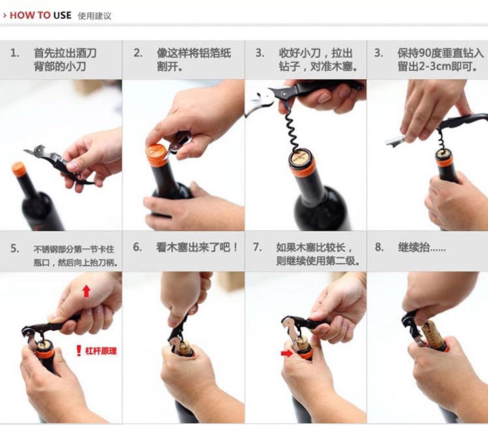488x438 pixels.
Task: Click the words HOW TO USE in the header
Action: [40, 15]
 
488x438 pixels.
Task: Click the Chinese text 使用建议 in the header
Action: [94, 16]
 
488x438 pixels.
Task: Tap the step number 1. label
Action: [15, 53]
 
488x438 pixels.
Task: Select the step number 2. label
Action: [138, 53]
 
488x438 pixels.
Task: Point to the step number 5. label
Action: [15, 249]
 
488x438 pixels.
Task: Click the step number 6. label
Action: [138, 247]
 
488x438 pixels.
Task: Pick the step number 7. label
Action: [257, 247]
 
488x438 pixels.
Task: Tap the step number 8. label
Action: [380, 247]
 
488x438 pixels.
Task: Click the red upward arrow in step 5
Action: [87, 291]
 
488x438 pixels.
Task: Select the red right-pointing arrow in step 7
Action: [286, 353]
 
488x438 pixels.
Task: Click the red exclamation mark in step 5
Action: [79, 351]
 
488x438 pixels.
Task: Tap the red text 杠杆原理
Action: [101, 351]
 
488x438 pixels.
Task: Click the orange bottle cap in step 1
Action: [19, 169]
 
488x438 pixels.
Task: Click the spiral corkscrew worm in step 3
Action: [293, 130]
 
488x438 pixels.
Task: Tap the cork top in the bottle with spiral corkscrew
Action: [302, 157]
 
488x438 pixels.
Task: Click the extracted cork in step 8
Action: [434, 335]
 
